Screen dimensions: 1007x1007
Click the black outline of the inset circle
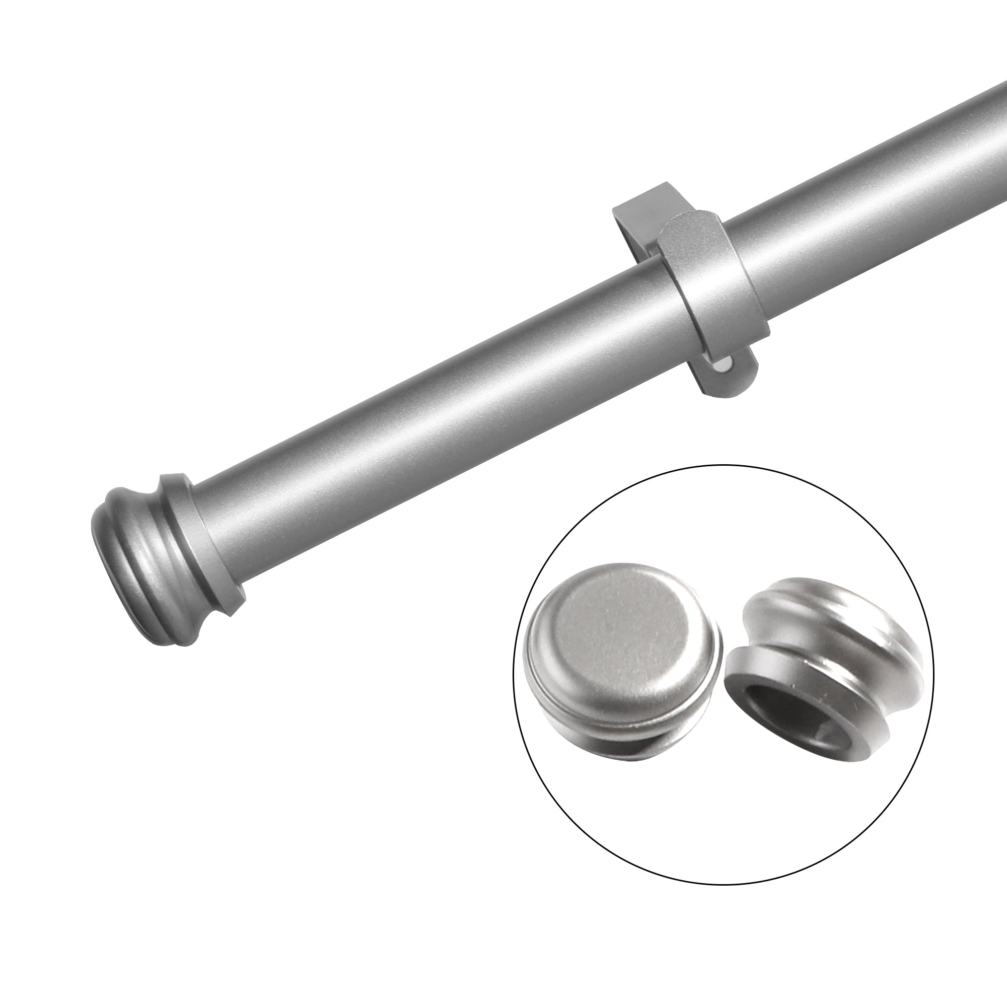[x=725, y=465]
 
